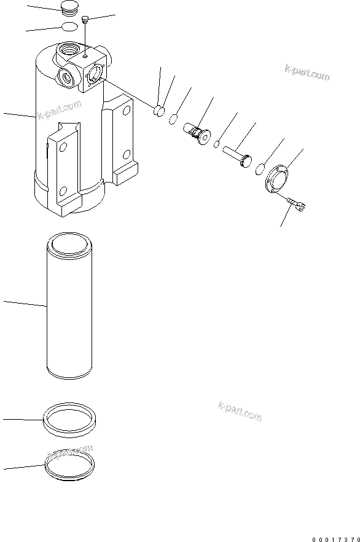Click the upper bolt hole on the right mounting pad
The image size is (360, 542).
[127, 111]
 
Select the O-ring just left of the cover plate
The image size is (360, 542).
[261, 168]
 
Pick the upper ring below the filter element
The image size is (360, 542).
[68, 420]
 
